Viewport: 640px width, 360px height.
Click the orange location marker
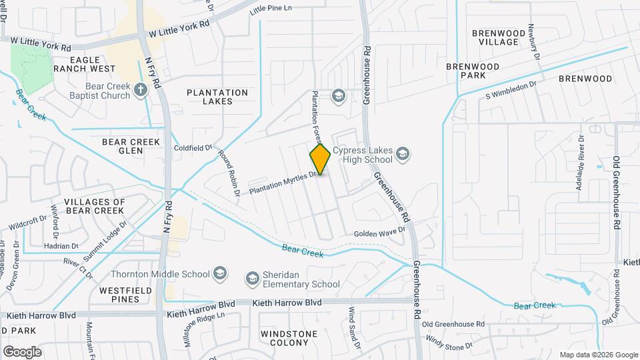tap(321, 159)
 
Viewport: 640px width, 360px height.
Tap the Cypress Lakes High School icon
tap(402, 155)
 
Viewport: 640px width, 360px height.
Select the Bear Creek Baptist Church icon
tap(140, 90)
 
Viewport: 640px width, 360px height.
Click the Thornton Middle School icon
tap(220, 273)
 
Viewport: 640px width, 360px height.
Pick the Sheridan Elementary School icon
tap(252, 278)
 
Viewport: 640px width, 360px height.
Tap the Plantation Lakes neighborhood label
tap(217, 97)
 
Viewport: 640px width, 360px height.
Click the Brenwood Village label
tap(495, 37)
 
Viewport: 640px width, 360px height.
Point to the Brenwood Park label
tap(473, 71)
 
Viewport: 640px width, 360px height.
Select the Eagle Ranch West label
tap(84, 64)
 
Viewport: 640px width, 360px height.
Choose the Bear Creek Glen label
tap(131, 146)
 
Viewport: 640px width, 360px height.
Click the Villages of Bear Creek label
tap(95, 206)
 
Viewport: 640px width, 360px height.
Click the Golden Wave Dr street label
tap(379, 231)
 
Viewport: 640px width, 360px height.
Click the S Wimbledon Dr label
tap(511, 90)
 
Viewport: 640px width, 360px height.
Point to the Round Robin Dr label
tap(229, 173)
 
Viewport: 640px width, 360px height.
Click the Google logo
tap(22, 351)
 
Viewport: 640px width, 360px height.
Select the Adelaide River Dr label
tap(581, 162)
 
